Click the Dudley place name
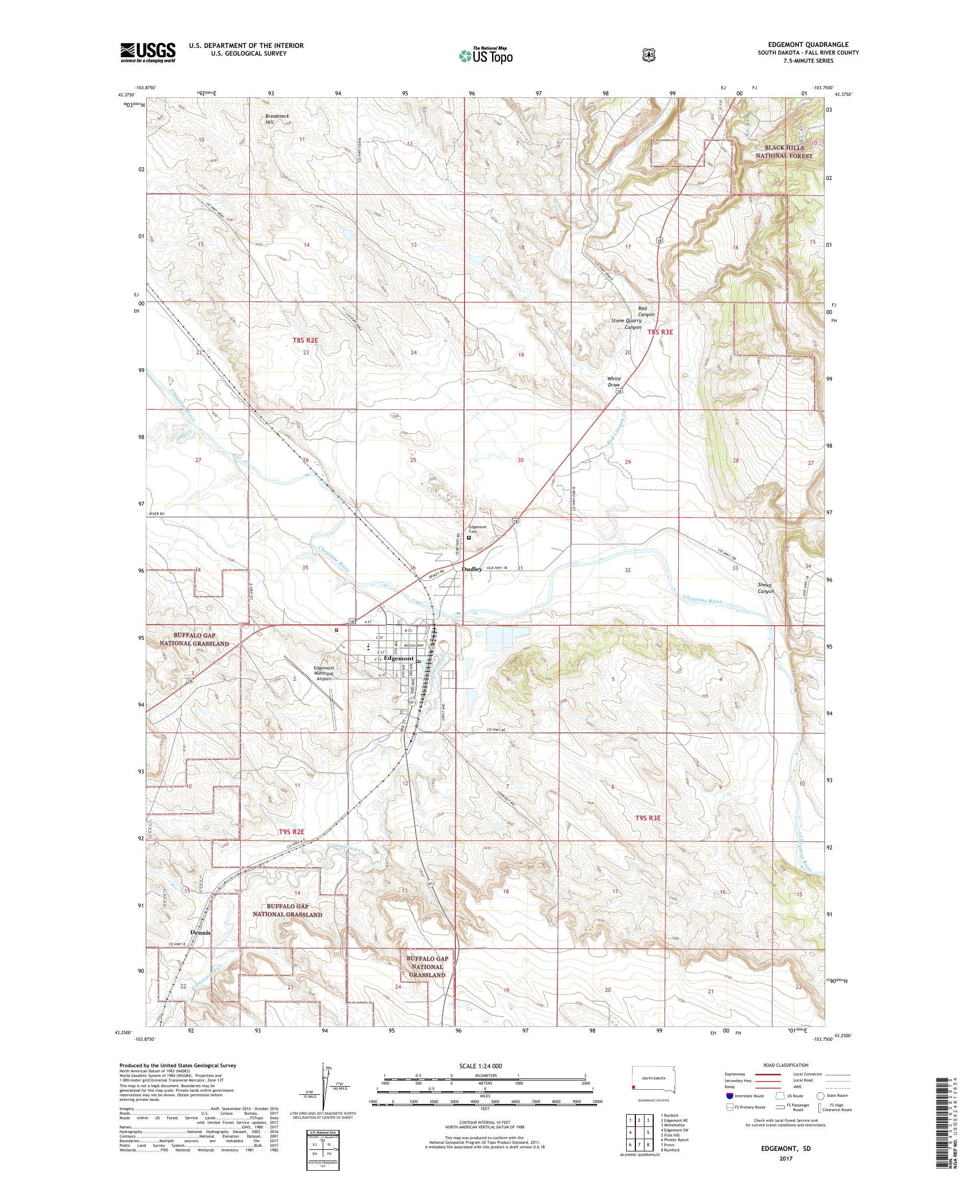(x=472, y=569)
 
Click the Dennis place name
(x=200, y=932)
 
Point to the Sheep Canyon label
(x=765, y=588)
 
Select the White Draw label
(x=613, y=381)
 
